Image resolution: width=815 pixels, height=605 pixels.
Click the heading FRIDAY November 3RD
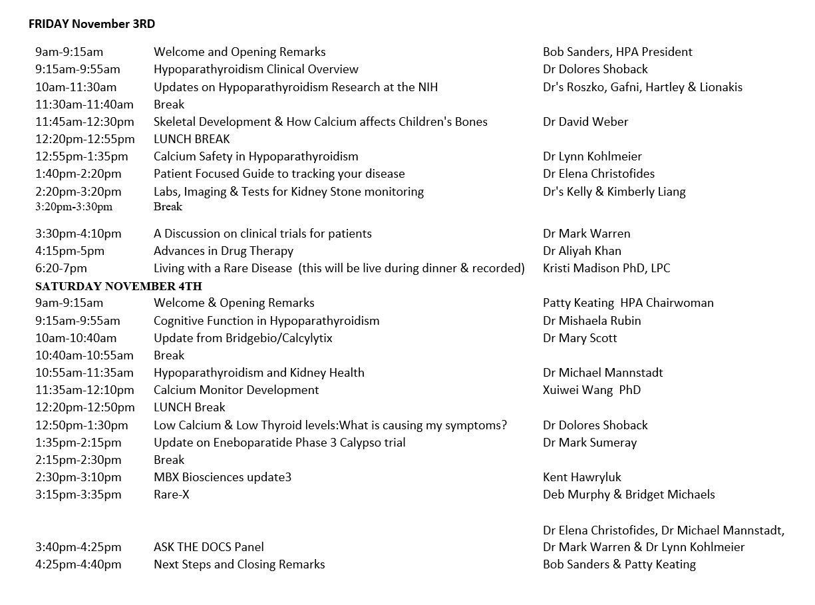pyautogui.click(x=92, y=25)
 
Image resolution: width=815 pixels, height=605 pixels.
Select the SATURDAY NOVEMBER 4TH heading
pyautogui.click(x=118, y=286)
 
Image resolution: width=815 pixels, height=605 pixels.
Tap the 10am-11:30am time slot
pyautogui.click(x=76, y=87)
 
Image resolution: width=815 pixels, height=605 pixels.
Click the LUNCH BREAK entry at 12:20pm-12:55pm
pyautogui.click(x=192, y=139)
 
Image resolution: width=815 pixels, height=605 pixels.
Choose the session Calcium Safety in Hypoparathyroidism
pyautogui.click(x=255, y=156)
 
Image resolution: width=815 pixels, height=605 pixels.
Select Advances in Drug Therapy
pyautogui.click(x=223, y=251)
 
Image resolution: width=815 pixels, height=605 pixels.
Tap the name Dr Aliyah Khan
pyautogui.click(x=581, y=251)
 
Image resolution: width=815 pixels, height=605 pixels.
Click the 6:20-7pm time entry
pyautogui.click(x=61, y=268)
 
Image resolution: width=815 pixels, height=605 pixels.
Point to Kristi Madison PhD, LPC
pyautogui.click(x=606, y=268)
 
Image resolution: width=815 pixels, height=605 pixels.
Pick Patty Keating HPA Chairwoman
pyautogui.click(x=628, y=303)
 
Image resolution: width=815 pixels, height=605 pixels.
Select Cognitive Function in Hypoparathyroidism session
pyautogui.click(x=266, y=321)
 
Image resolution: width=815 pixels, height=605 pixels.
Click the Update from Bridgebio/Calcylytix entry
pyautogui.click(x=243, y=338)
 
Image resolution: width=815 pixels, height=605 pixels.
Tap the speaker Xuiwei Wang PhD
pyautogui.click(x=591, y=390)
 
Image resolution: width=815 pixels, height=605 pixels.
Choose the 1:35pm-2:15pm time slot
pyautogui.click(x=79, y=443)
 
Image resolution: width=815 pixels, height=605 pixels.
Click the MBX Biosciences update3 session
pyautogui.click(x=222, y=477)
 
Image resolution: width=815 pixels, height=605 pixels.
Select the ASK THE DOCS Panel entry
pyautogui.click(x=208, y=547)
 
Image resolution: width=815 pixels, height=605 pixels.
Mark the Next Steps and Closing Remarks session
pyautogui.click(x=239, y=564)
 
